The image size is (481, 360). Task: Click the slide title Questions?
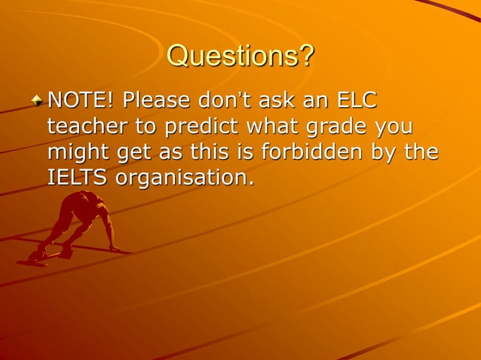pyautogui.click(x=240, y=55)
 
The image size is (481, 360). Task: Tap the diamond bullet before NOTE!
pyautogui.click(x=38, y=101)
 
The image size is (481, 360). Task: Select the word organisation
pyautogui.click(x=185, y=178)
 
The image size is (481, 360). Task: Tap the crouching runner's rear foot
pyautogui.click(x=32, y=259)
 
